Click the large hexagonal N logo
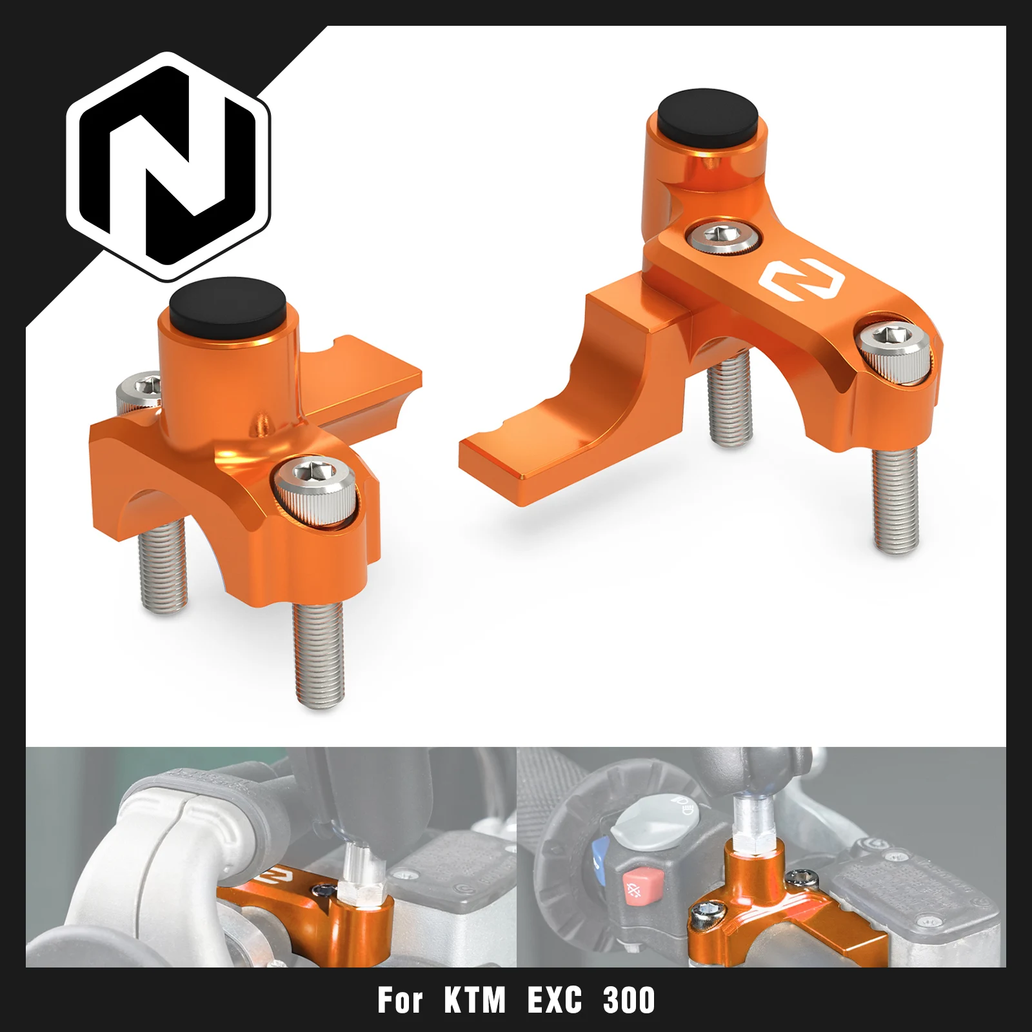pyautogui.click(x=168, y=166)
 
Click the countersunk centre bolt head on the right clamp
pyautogui.click(x=722, y=235)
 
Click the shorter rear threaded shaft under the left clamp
pyautogui.click(x=163, y=568)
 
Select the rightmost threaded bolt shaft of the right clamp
pyautogui.click(x=895, y=500)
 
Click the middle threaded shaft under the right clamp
pyautogui.click(x=729, y=400)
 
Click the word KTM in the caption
pyautogui.click(x=474, y=1000)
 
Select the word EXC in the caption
pyautogui.click(x=554, y=1000)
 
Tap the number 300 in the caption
pyautogui.click(x=629, y=1000)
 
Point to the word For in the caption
pyautogui.click(x=400, y=1000)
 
